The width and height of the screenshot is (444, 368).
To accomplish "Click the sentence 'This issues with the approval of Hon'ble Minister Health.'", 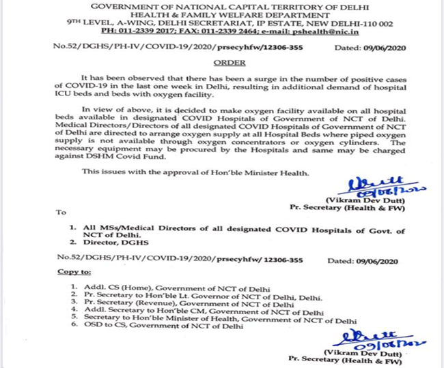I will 195,171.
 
